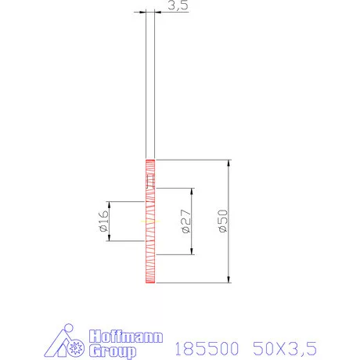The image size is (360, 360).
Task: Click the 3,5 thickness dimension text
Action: click(178, 6)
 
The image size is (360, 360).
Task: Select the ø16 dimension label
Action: click(103, 223)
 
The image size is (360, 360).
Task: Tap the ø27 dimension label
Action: click(185, 223)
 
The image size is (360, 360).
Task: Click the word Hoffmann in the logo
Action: click(126, 337)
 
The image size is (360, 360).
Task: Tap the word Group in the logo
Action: click(113, 351)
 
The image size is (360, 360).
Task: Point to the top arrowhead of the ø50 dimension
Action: click(228, 164)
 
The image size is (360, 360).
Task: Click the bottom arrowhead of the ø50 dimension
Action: click(228, 281)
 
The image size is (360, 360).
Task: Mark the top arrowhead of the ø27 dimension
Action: click(191, 192)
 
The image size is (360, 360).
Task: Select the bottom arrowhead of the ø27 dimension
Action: click(191, 253)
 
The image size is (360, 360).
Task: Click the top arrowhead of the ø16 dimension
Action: click(110, 205)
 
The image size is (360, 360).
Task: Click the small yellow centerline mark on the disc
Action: click(146, 222)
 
